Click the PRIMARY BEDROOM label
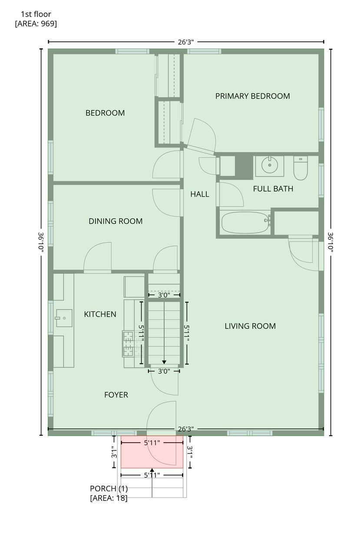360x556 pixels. [x=252, y=96]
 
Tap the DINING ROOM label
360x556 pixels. [x=116, y=221]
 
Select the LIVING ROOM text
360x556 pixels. [x=250, y=326]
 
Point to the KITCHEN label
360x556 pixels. [x=100, y=314]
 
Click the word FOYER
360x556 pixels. [x=116, y=395]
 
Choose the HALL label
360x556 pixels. [x=200, y=194]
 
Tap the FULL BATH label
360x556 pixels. [x=273, y=189]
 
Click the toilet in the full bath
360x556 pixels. [x=301, y=168]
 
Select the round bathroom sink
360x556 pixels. [x=269, y=165]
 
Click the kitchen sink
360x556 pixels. [x=64, y=318]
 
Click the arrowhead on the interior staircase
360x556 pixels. [x=164, y=362]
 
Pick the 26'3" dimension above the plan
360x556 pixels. [x=186, y=42]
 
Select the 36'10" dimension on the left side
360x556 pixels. [x=41, y=242]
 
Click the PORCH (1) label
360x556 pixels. [x=109, y=489]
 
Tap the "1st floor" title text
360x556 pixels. [x=36, y=14]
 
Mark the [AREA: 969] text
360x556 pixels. [x=36, y=23]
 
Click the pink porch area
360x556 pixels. [x=152, y=452]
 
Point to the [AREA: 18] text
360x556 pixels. [x=109, y=498]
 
